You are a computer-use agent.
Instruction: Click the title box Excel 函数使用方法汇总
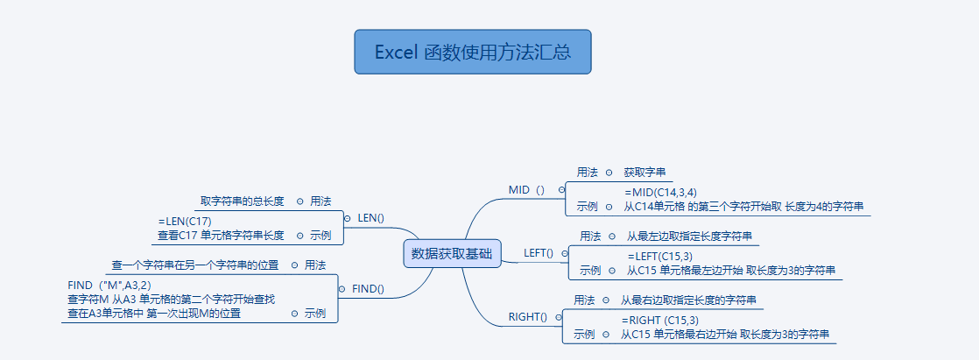click(473, 53)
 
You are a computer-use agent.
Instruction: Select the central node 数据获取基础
click(452, 254)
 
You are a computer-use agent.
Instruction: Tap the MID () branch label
click(526, 190)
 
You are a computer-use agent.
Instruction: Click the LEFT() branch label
click(539, 253)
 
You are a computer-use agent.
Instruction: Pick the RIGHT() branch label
click(527, 317)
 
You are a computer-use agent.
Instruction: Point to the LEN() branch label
click(371, 217)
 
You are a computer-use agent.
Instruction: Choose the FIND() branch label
click(368, 288)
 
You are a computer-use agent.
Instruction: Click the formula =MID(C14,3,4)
click(660, 192)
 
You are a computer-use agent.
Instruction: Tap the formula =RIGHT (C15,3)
click(660, 320)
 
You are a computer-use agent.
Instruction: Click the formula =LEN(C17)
click(185, 221)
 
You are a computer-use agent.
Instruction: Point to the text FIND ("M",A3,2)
click(109, 285)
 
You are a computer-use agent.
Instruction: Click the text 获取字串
click(645, 173)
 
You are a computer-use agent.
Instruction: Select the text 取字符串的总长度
click(243, 201)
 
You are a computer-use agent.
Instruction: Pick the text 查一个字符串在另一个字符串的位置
click(195, 265)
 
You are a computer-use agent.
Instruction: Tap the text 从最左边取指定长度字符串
click(688, 236)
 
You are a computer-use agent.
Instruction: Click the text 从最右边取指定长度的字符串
click(687, 300)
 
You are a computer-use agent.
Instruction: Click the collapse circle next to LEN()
click(347, 217)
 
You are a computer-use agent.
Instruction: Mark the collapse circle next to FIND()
click(342, 288)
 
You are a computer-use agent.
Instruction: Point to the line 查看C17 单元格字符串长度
click(221, 235)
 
